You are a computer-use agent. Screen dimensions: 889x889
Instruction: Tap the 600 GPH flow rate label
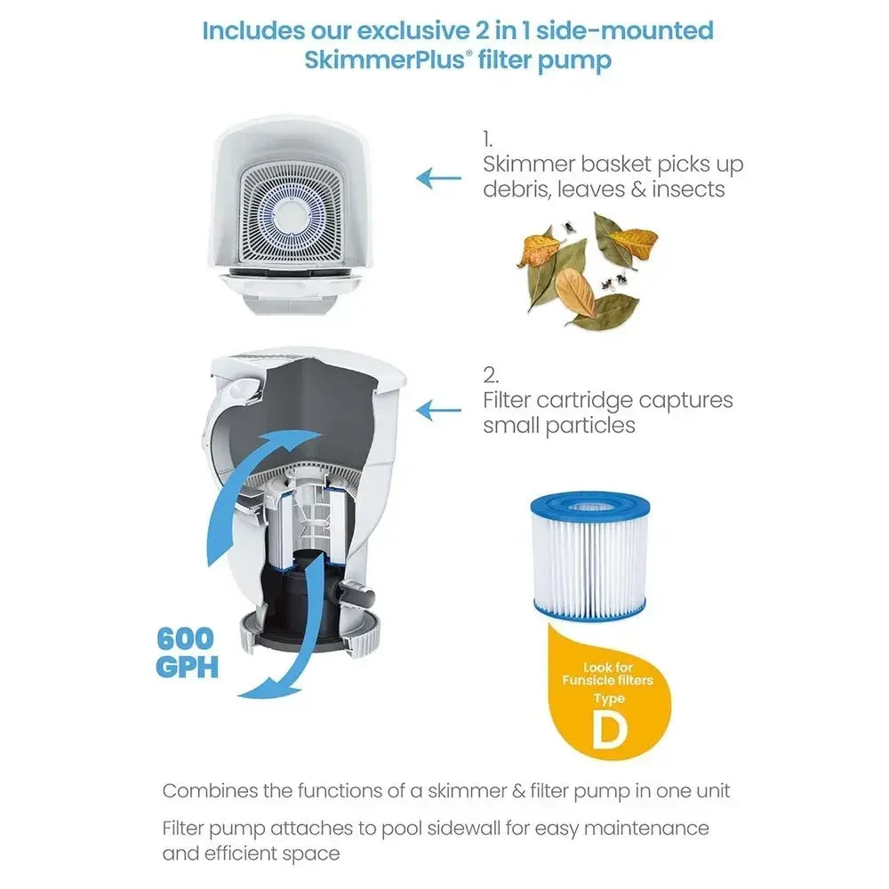tap(187, 653)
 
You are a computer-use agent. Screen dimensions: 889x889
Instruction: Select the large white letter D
tap(610, 728)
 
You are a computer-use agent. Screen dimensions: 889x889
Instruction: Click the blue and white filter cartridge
tap(589, 556)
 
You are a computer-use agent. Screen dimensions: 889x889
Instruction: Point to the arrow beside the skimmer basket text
tap(439, 178)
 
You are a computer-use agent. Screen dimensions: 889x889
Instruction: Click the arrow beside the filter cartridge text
tap(439, 411)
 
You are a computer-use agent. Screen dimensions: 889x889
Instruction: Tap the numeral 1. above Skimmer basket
tap(487, 140)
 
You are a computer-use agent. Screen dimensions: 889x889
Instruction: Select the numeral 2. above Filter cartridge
tap(491, 375)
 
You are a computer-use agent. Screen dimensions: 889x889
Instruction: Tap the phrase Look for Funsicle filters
tap(608, 674)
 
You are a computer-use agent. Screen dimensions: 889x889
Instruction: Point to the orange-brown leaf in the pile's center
tap(575, 292)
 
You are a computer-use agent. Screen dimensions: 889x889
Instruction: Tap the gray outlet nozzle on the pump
tap(358, 597)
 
